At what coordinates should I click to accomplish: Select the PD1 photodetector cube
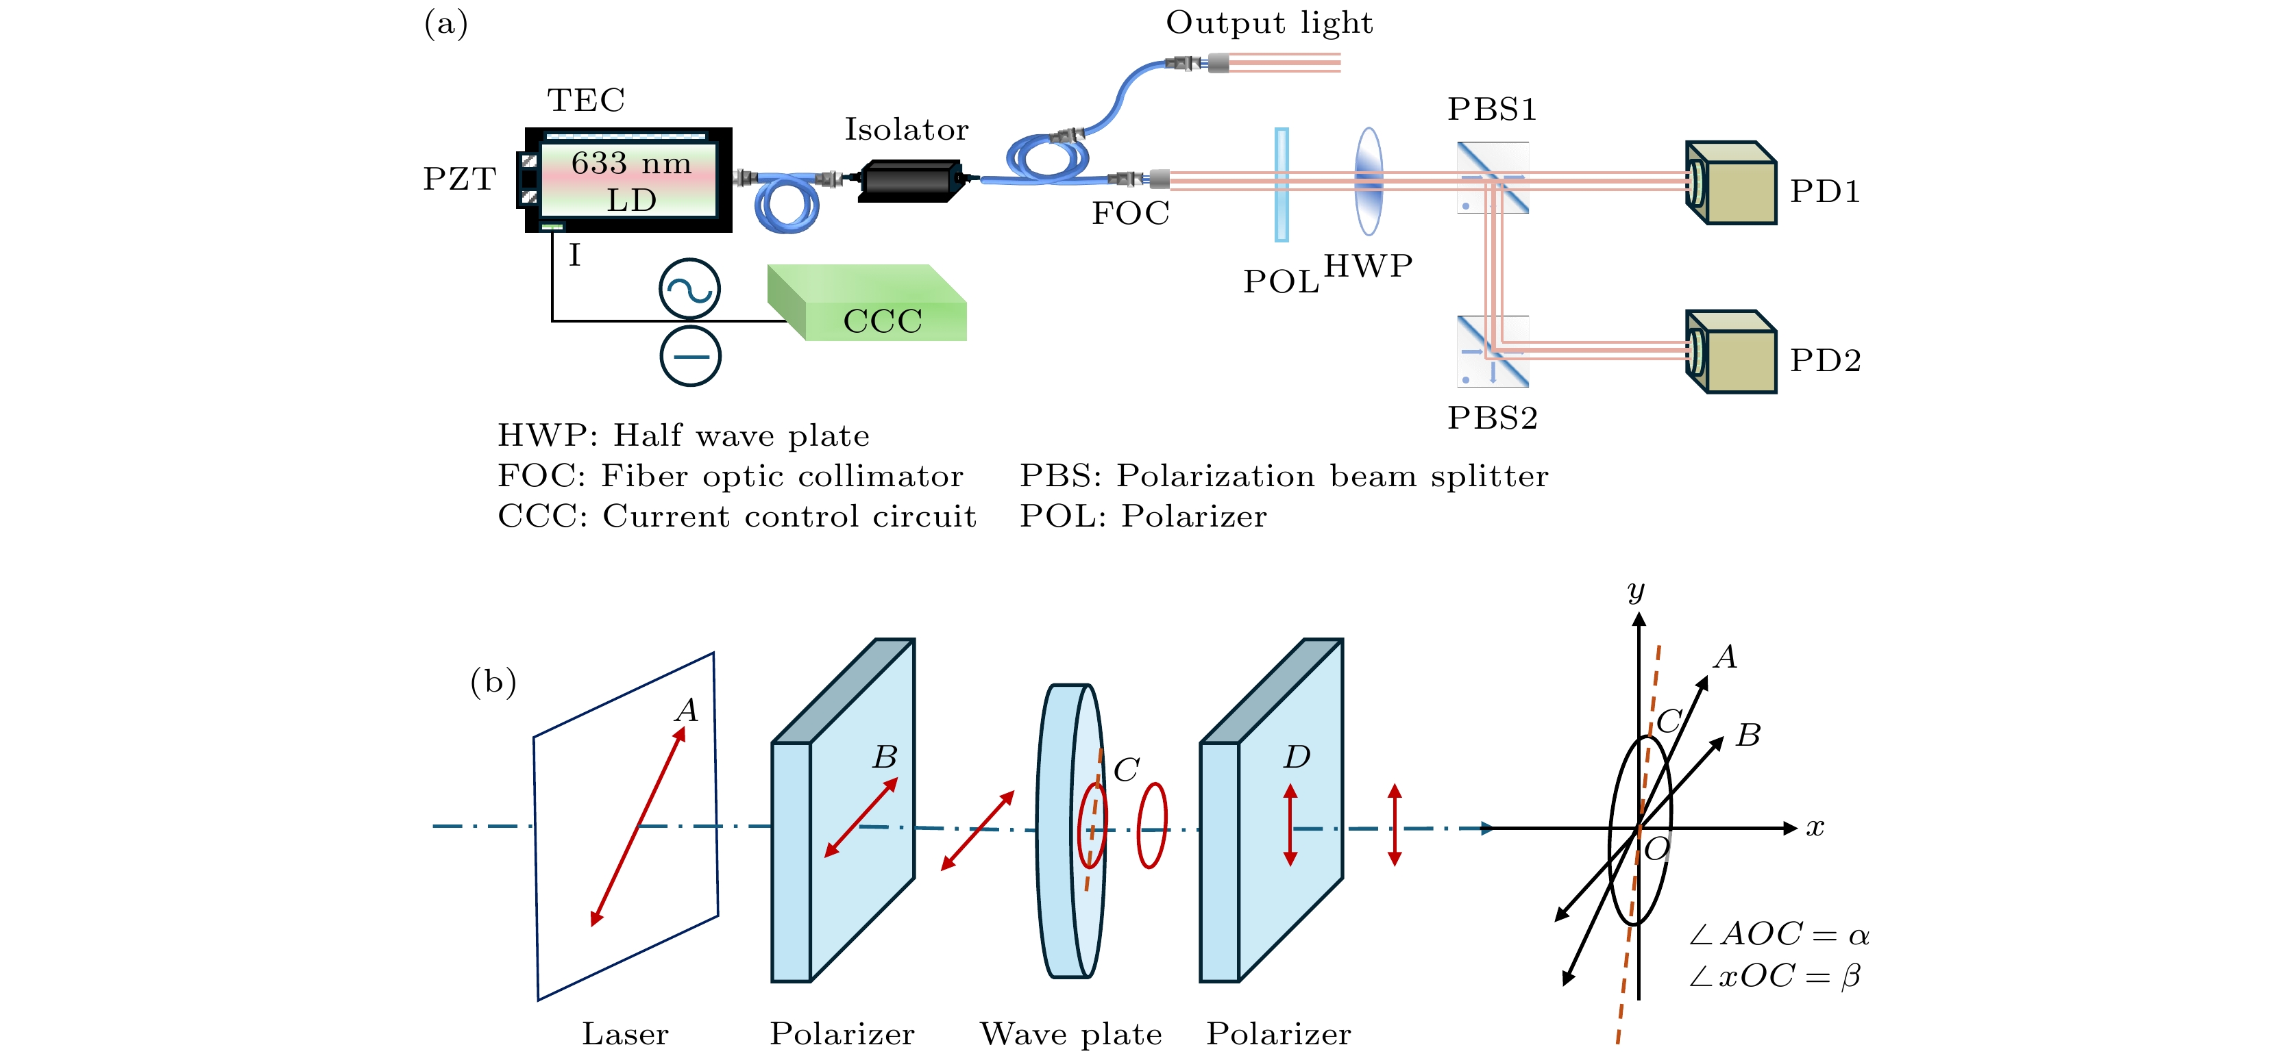(x=1732, y=184)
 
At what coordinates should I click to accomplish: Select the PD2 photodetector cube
(x=1732, y=353)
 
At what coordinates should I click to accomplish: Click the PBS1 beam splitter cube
(x=1493, y=178)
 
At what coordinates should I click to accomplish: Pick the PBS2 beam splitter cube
(x=1493, y=351)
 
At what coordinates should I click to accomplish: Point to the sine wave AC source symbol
(x=690, y=289)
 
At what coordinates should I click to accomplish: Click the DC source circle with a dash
(x=691, y=357)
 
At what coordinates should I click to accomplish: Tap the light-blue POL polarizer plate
(x=1282, y=185)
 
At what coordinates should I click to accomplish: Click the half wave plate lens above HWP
(x=1369, y=181)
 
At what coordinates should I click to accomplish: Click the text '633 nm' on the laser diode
(x=631, y=163)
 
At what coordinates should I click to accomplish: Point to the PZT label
(x=459, y=179)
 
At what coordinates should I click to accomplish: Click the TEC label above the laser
(x=586, y=100)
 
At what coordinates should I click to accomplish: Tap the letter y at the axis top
(x=1636, y=591)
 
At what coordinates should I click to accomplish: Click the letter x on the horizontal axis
(x=1815, y=827)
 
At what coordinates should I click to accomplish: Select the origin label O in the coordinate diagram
(x=1656, y=850)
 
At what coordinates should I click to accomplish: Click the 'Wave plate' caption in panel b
(x=1072, y=1034)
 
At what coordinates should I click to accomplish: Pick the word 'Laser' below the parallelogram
(x=625, y=1034)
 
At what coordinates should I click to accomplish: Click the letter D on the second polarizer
(x=1297, y=757)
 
